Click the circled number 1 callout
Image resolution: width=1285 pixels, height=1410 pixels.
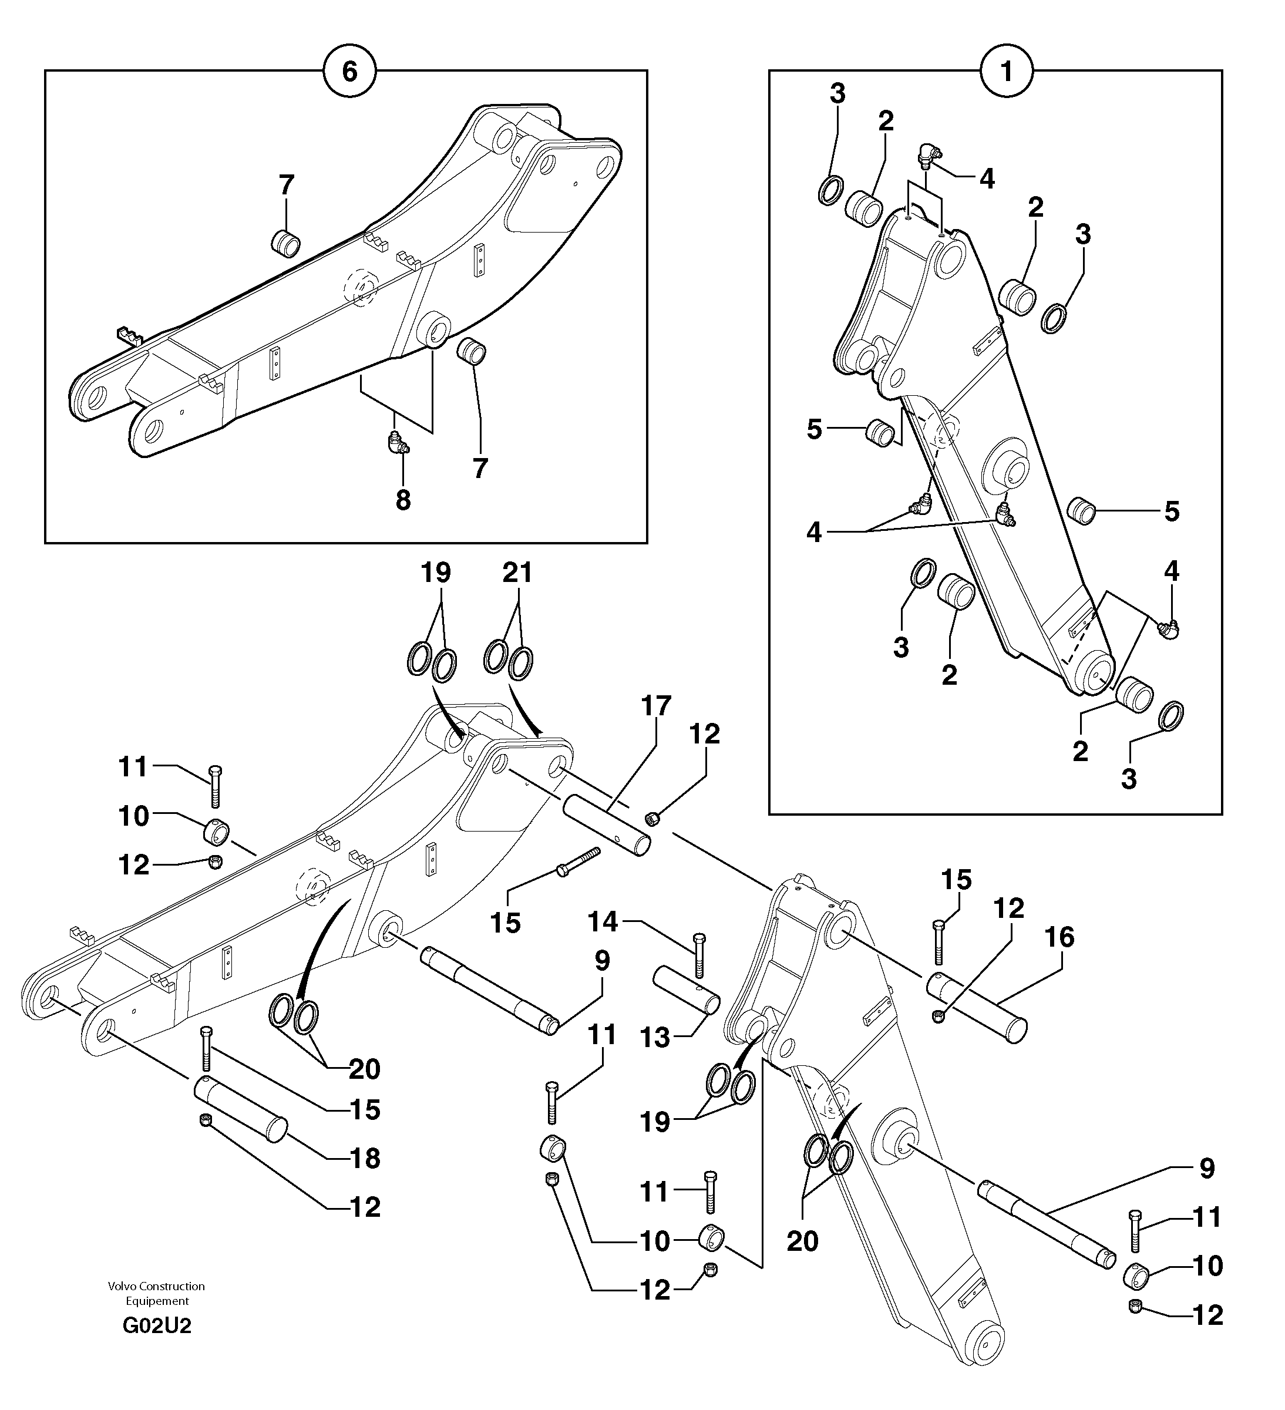[1007, 70]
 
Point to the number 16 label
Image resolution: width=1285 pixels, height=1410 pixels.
[1058, 937]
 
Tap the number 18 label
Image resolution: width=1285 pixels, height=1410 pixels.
[365, 1157]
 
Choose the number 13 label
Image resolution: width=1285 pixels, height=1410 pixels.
[655, 1037]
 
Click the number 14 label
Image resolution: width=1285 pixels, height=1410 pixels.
[603, 921]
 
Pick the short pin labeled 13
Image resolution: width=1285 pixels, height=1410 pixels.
[686, 988]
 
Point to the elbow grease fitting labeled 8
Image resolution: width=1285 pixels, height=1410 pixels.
[399, 443]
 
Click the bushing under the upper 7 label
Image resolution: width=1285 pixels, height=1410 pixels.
[285, 243]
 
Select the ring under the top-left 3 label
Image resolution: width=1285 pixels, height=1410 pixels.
[830, 190]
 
